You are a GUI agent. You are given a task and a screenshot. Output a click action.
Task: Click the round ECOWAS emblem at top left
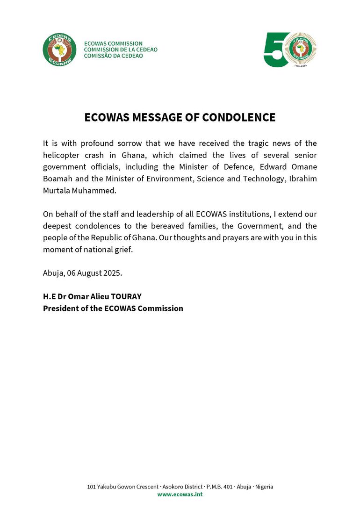point(59,50)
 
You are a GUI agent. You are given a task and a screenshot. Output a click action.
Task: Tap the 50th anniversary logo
point(290,50)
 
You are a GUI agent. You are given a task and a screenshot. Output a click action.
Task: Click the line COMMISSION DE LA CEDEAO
point(121,50)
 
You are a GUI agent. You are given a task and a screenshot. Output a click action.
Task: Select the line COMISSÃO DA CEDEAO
point(114,56)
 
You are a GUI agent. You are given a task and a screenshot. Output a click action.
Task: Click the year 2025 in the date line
point(112,273)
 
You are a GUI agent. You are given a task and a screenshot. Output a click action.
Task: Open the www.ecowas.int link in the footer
point(180,495)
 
